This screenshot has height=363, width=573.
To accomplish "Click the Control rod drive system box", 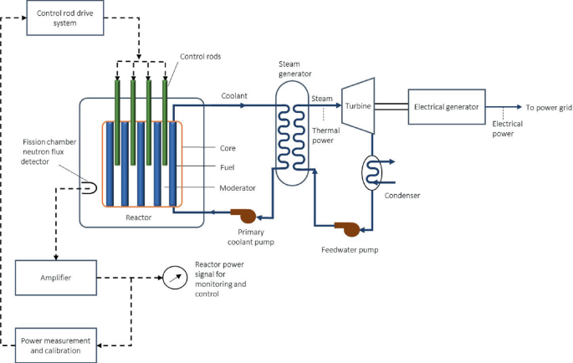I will pos(64,18).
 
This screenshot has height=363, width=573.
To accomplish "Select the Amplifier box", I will pos(56,277).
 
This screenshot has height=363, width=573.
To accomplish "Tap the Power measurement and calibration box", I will pos(56,343).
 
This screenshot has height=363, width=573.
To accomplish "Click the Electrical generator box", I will pos(445,107).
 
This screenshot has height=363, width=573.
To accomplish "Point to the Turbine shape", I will pos(357,107).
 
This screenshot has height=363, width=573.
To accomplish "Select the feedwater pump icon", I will pos(346,228).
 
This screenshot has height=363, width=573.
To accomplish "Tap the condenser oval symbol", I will pos(371,172).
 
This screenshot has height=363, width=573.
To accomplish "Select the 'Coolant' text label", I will pos(234,96).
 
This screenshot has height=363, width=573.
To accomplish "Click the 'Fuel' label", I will pos(228,166).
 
